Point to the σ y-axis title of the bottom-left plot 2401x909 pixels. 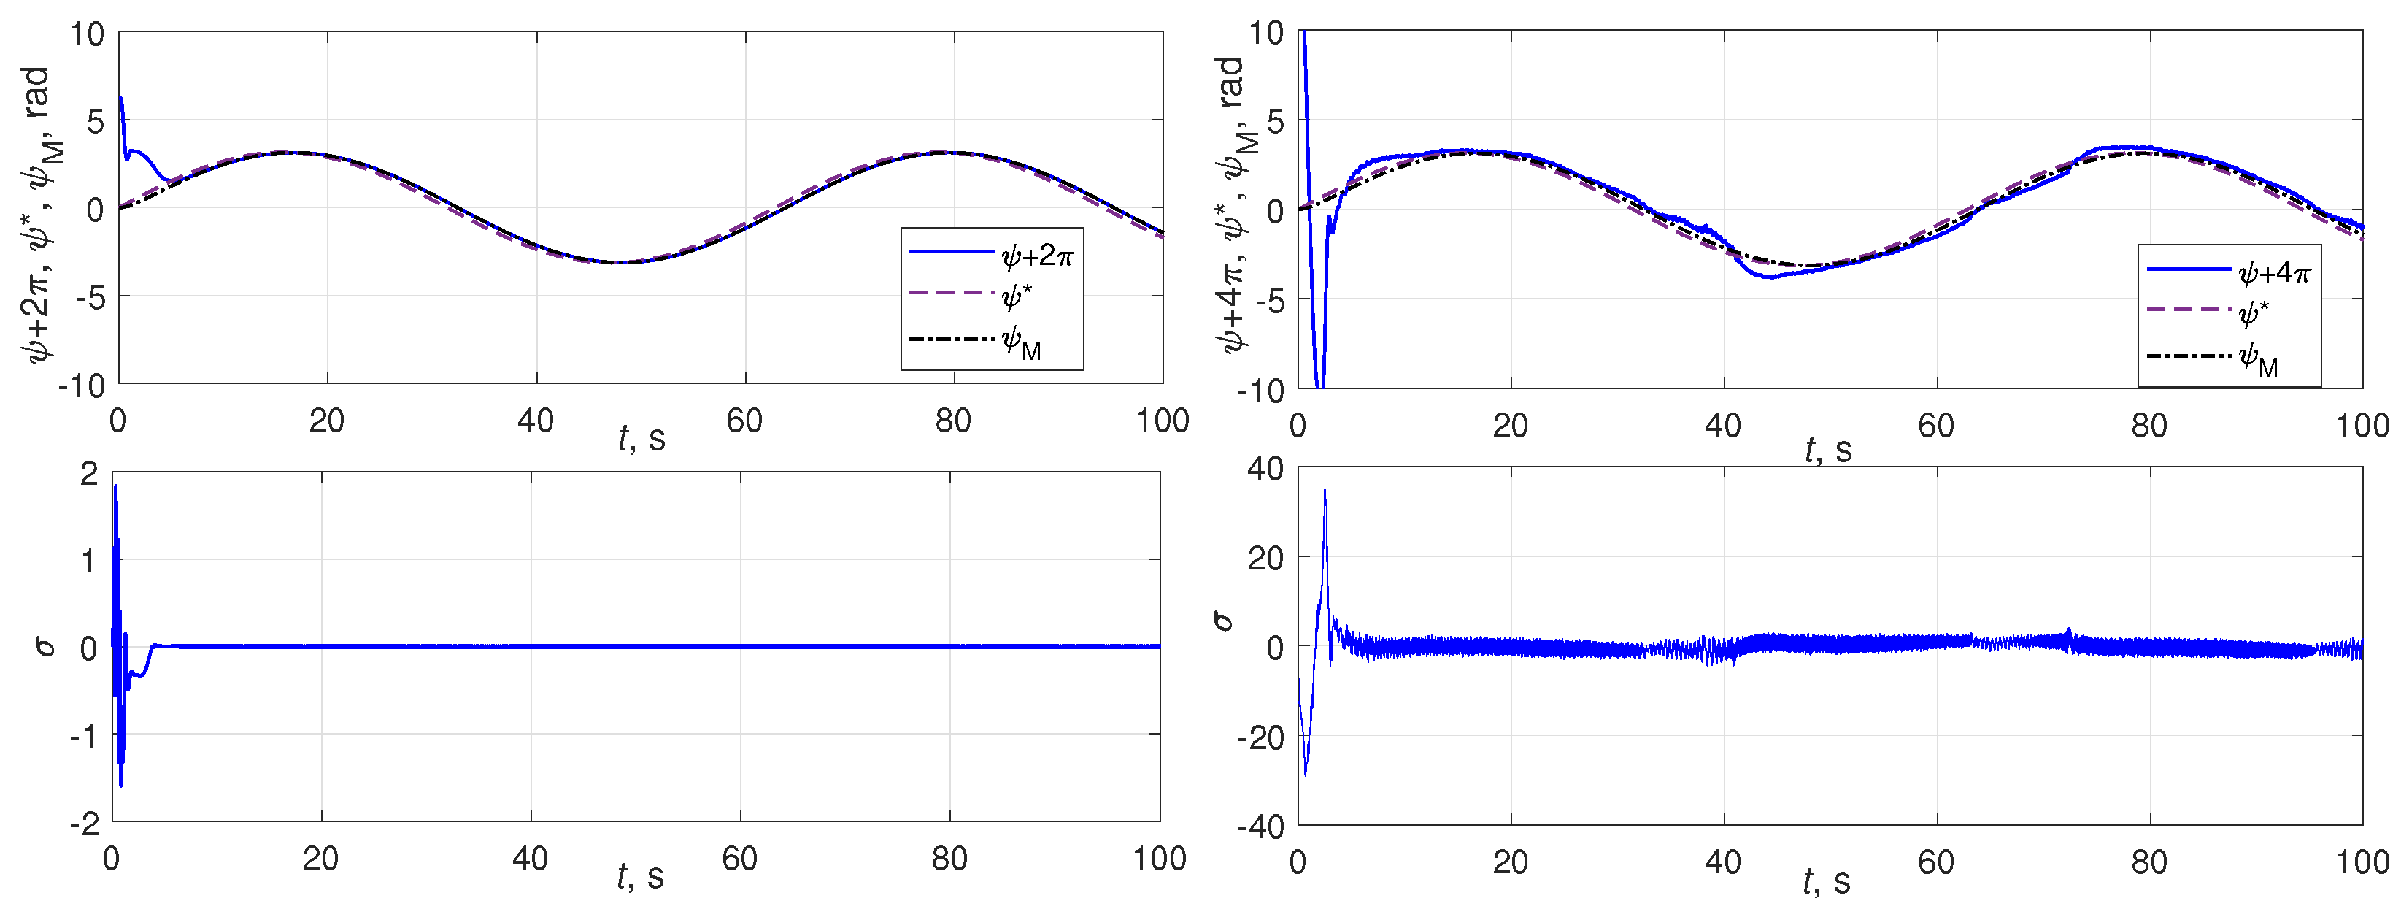tap(45, 646)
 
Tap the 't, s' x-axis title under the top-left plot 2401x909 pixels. tap(641, 438)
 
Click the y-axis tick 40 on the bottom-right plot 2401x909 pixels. tap(1265, 469)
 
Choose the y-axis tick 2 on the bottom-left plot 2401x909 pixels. tap(88, 474)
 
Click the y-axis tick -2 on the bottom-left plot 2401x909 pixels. tap(84, 824)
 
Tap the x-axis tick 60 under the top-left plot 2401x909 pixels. tap(744, 421)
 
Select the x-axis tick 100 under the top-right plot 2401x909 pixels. tap(2362, 426)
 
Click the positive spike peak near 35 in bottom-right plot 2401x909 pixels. tap(1325, 491)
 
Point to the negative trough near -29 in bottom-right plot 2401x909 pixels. tap(1305, 774)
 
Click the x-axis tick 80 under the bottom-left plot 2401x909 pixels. tap(949, 859)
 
